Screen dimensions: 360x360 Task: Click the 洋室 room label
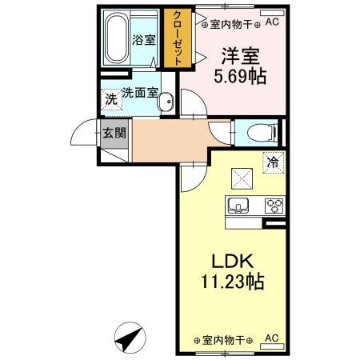coord(240,57)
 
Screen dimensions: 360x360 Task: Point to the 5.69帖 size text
coord(239,77)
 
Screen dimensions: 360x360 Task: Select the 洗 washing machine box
coord(111,99)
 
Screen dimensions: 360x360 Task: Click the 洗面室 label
coord(138,93)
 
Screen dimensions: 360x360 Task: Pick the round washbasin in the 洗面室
coord(166,102)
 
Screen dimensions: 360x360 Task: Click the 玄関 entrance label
coord(113,133)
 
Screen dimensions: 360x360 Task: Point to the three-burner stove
coord(274,206)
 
